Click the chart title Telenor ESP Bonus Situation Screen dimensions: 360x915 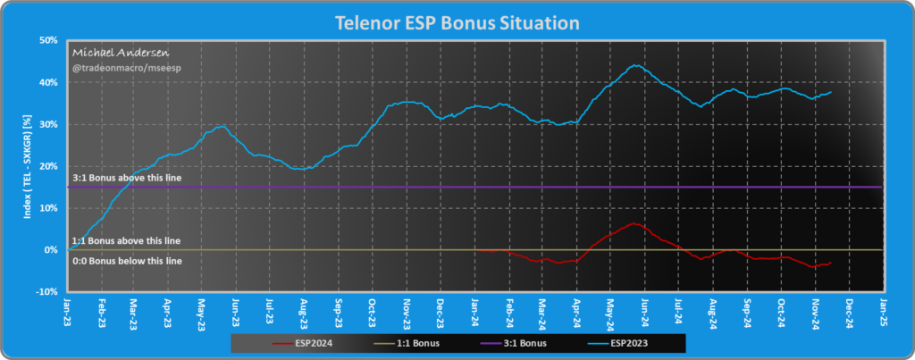point(457,21)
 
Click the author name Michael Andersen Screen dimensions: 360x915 point(112,54)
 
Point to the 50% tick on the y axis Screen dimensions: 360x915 point(49,41)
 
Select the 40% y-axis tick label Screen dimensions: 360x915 point(49,83)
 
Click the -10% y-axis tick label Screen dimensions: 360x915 point(48,292)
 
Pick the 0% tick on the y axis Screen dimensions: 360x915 point(52,250)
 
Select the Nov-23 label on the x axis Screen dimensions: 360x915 point(407,309)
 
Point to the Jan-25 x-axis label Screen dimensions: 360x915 point(884,309)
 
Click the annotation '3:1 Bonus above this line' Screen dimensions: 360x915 point(125,179)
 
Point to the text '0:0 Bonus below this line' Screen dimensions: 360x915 point(126,260)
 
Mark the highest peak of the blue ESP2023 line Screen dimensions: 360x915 point(634,65)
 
